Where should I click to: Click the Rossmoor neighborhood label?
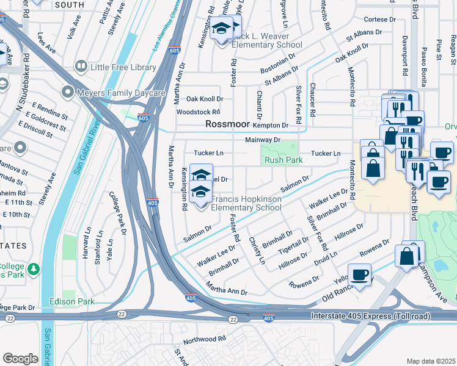(x=228, y=124)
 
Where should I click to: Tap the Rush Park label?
(x=283, y=160)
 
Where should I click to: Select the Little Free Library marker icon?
(x=81, y=66)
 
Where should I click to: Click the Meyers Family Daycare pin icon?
(x=67, y=92)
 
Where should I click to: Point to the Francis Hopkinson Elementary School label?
(x=246, y=203)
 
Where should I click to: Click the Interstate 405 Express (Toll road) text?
(x=370, y=317)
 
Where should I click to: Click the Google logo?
(x=20, y=358)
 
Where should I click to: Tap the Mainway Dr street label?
(x=262, y=140)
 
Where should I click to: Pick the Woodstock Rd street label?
(x=198, y=112)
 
